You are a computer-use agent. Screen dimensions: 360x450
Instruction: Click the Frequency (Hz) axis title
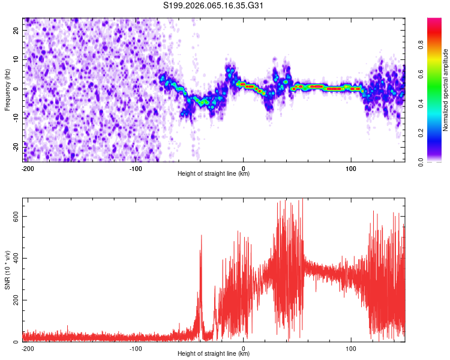tap(8, 90)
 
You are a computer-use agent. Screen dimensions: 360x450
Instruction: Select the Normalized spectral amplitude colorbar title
tap(445, 90)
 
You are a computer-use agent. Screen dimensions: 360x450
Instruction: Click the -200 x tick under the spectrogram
tap(27, 168)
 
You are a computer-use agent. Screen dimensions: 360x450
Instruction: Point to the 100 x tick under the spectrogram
tap(351, 168)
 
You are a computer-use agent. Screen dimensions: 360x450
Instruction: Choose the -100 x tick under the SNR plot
tap(135, 348)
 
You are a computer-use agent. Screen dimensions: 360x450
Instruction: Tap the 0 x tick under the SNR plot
tap(243, 348)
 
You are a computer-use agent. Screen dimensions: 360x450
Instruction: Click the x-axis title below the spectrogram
tap(214, 174)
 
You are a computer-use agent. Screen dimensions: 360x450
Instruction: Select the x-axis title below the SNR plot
tap(214, 354)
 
